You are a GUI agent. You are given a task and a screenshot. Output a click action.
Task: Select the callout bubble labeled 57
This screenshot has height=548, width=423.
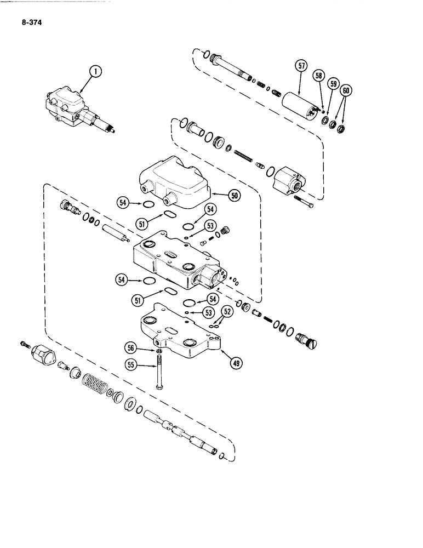coord(300,66)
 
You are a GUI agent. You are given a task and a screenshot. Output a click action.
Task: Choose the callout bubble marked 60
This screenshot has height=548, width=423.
coord(347,90)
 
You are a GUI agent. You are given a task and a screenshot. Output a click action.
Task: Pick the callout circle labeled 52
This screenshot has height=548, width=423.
coord(226,311)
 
